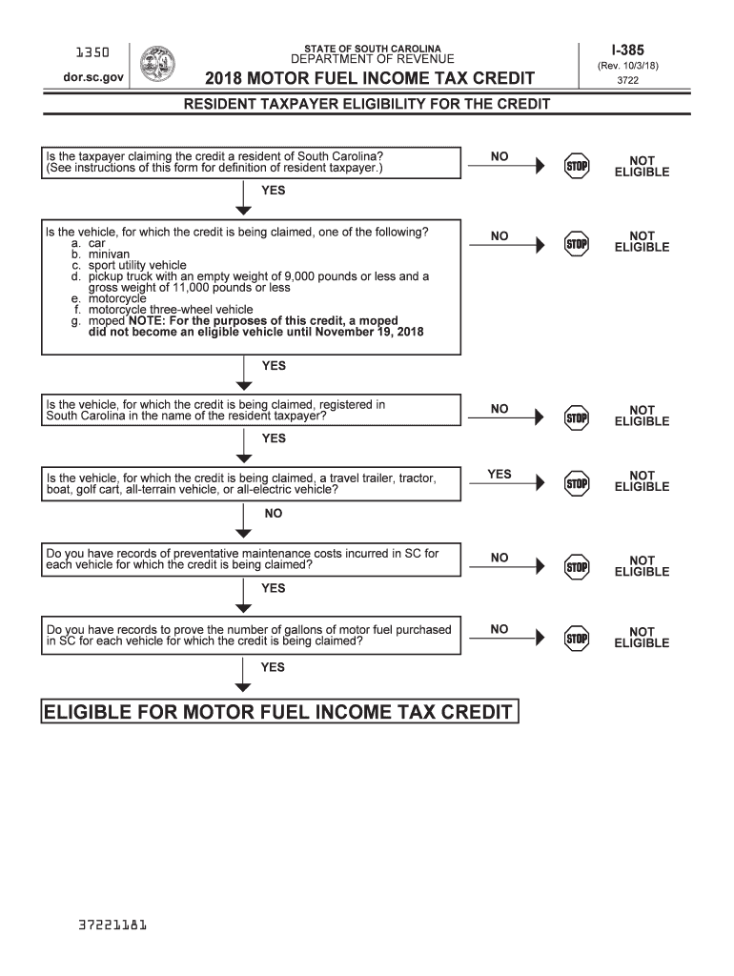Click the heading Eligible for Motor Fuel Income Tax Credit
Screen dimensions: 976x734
tap(278, 712)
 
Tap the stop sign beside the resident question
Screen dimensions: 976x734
tap(578, 165)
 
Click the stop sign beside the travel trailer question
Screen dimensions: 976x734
tap(578, 481)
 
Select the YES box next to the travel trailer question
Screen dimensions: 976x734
tap(500, 475)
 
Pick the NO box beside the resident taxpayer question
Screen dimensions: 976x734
tap(500, 157)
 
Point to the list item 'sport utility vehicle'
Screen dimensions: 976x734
tap(137, 265)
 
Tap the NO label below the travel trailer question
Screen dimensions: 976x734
tap(274, 514)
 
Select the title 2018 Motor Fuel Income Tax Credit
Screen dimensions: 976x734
tap(371, 78)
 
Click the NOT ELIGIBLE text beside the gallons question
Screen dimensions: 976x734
tap(642, 637)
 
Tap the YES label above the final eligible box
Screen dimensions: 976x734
tap(274, 667)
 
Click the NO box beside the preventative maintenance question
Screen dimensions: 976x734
tap(500, 559)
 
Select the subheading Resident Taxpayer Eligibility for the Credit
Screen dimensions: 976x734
tap(367, 104)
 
